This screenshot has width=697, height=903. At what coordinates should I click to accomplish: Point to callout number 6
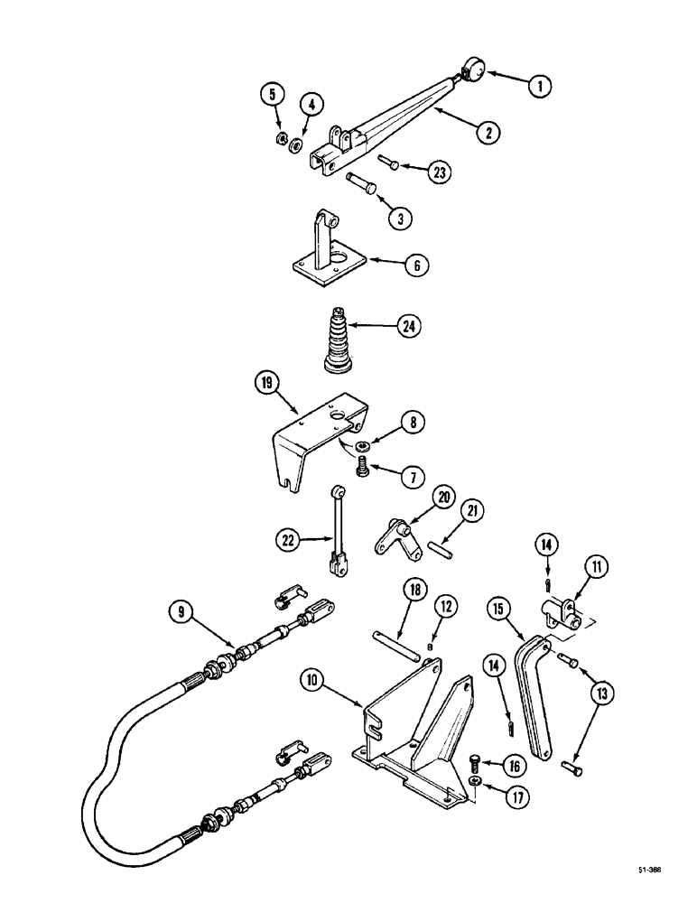point(414,265)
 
